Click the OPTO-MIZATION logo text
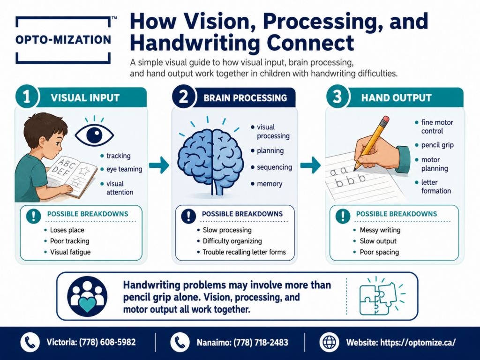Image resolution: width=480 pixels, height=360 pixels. [63, 40]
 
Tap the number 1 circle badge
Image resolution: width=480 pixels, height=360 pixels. [27, 97]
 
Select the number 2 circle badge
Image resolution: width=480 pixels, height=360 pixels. [183, 97]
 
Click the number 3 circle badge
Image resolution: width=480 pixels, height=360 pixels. [337, 97]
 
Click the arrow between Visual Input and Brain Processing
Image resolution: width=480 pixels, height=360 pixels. [159, 165]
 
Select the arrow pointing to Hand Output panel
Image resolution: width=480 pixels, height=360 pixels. [310, 165]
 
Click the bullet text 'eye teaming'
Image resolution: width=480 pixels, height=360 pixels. [124, 169]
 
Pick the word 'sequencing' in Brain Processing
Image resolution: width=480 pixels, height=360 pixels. [274, 167]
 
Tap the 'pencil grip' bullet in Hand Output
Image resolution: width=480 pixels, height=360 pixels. [437, 145]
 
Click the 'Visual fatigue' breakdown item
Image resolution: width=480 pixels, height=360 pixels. [70, 252]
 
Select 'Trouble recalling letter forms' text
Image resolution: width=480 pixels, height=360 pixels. [244, 252]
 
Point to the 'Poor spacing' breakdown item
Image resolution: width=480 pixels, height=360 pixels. [379, 252]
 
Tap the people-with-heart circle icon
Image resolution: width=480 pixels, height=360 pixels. [87, 296]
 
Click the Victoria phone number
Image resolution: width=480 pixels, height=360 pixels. [107, 342]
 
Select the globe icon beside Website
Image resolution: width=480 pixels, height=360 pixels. [330, 342]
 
